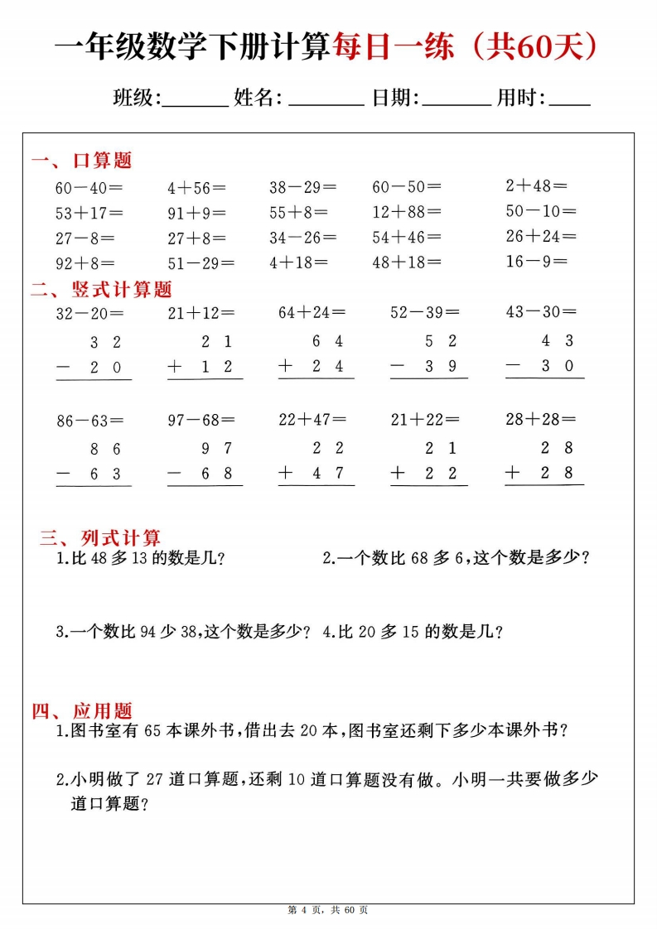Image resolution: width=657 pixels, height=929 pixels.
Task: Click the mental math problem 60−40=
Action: click(89, 187)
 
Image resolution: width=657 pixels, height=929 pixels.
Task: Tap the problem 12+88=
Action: click(407, 212)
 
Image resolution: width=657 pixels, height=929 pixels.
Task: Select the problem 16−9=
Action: click(537, 262)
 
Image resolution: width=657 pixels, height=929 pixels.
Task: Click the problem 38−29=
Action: click(303, 187)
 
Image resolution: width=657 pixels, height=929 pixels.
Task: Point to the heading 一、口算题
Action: click(81, 160)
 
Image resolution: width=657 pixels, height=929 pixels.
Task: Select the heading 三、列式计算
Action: click(100, 538)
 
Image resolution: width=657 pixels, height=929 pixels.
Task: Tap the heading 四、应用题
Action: click(81, 710)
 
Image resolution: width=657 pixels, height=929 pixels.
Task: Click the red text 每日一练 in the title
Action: click(393, 48)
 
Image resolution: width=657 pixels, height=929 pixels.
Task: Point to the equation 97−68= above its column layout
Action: click(201, 420)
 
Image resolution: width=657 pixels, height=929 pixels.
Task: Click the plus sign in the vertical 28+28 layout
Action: click(514, 473)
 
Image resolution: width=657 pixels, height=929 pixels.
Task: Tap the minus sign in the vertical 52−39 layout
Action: click(399, 366)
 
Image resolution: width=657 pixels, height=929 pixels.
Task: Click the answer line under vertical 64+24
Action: click(316, 378)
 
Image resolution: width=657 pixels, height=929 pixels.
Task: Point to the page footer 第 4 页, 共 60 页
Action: click(328, 910)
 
